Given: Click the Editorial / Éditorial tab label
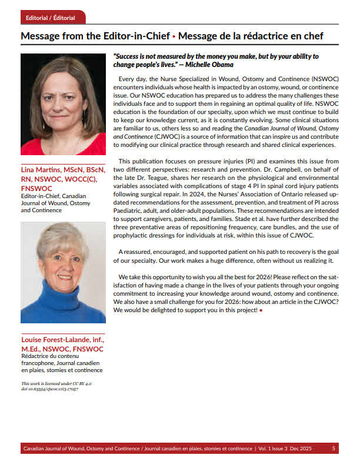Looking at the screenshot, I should click(x=51, y=18).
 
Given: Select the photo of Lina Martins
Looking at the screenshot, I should click(x=63, y=104).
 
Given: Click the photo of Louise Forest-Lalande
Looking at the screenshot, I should click(x=63, y=272).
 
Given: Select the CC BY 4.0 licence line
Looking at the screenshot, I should click(x=56, y=383).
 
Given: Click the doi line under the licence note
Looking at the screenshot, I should click(x=49, y=389).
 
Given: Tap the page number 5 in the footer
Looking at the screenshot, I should click(x=334, y=449).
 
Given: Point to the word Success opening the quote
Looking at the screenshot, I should click(x=129, y=56).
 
